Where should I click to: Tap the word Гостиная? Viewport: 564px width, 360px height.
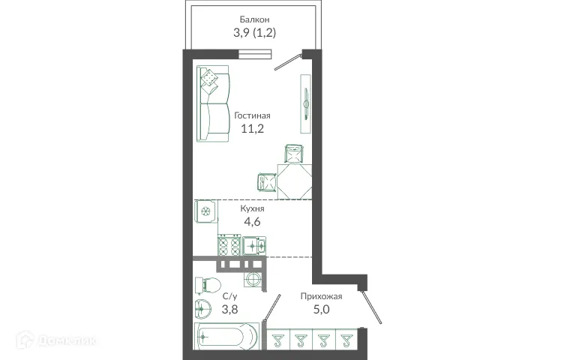tap(251, 115)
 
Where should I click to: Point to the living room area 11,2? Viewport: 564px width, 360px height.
tap(251, 129)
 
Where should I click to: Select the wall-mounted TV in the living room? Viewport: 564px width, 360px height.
tap(305, 98)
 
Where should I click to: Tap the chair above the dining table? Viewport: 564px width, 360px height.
tap(294, 153)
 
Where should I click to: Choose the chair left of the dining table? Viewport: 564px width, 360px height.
tap(266, 181)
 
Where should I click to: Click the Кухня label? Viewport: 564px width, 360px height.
tap(252, 209)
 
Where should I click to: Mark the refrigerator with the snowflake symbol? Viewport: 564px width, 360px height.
tap(205, 213)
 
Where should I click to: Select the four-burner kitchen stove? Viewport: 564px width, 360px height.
tap(229, 244)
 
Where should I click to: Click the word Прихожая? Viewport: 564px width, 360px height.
tap(316, 295)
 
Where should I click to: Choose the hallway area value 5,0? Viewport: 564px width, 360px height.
tap(316, 308)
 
